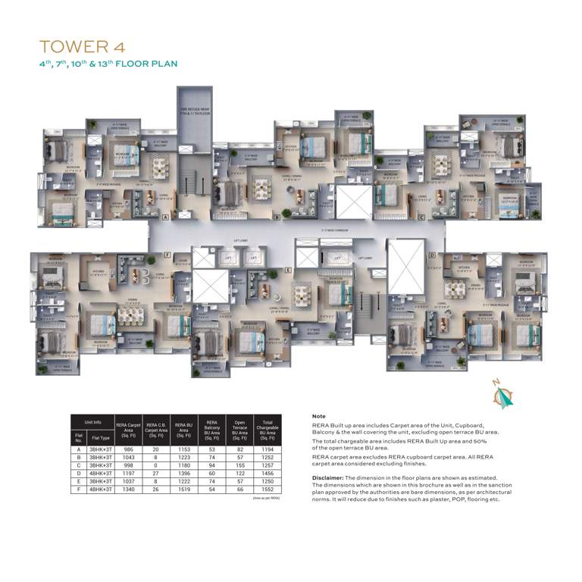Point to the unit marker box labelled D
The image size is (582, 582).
pos(431,255)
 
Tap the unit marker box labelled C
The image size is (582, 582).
pos(421,217)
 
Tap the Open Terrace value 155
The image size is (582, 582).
pos(239,464)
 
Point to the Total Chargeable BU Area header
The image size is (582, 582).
pos(267,428)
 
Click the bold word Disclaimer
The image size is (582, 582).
pos(327,478)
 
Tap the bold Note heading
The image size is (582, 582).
pos(319,417)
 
